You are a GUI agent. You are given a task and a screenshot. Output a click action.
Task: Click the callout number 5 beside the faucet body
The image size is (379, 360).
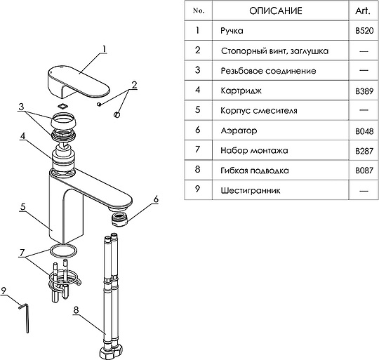point(23,207)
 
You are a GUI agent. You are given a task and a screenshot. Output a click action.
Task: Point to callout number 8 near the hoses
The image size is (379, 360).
point(77,310)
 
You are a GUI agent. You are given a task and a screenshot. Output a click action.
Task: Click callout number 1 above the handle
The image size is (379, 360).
point(104,49)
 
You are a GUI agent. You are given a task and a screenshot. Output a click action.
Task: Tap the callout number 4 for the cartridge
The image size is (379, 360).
point(22,136)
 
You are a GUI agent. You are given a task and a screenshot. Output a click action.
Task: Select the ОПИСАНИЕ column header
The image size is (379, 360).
point(276,11)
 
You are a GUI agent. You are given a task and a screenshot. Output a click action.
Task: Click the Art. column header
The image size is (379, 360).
point(363,11)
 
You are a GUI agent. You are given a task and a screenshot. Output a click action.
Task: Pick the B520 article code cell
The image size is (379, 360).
point(364,31)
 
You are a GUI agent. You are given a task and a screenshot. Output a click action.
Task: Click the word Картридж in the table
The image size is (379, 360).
point(241,91)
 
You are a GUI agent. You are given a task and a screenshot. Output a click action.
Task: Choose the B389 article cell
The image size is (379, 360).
point(364,91)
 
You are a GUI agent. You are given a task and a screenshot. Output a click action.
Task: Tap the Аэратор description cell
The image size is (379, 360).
point(239,131)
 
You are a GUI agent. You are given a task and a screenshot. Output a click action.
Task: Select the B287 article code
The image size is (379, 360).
point(364,152)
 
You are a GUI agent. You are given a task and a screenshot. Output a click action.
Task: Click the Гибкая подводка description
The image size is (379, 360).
point(255,171)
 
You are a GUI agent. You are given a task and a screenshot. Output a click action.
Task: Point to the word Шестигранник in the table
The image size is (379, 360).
point(251,191)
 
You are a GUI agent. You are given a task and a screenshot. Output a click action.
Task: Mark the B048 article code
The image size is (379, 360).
point(364,131)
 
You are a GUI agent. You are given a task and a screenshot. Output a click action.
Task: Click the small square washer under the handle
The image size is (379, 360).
point(63,106)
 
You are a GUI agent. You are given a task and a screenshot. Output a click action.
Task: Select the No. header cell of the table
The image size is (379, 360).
point(199,11)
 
